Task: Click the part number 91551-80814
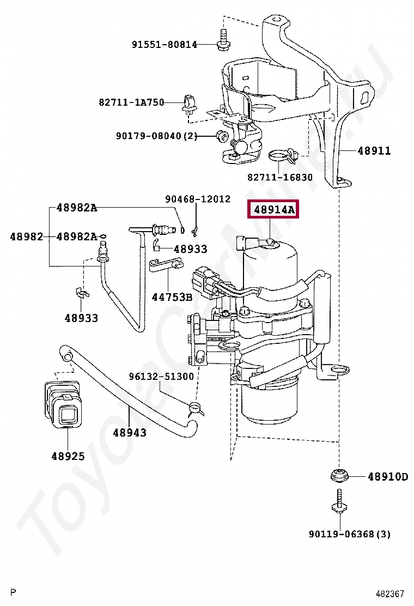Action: click(x=165, y=45)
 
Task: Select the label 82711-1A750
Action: click(x=131, y=102)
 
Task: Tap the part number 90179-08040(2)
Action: click(x=156, y=136)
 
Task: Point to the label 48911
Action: click(x=374, y=150)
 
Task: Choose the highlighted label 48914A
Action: click(x=273, y=209)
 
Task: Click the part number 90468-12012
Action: click(x=198, y=199)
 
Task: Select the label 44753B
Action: click(x=172, y=297)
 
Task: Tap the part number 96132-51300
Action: click(x=161, y=377)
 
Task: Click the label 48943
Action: click(x=130, y=432)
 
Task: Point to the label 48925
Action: click(x=68, y=456)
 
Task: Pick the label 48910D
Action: click(x=387, y=477)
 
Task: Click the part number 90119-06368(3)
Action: click(x=349, y=534)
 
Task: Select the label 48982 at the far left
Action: click(x=26, y=237)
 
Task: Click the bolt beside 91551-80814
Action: click(x=222, y=41)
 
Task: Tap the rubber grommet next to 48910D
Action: click(x=340, y=475)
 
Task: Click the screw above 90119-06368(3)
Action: click(x=340, y=503)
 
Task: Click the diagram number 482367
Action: click(x=389, y=593)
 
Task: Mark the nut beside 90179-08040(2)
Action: click(x=222, y=136)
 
